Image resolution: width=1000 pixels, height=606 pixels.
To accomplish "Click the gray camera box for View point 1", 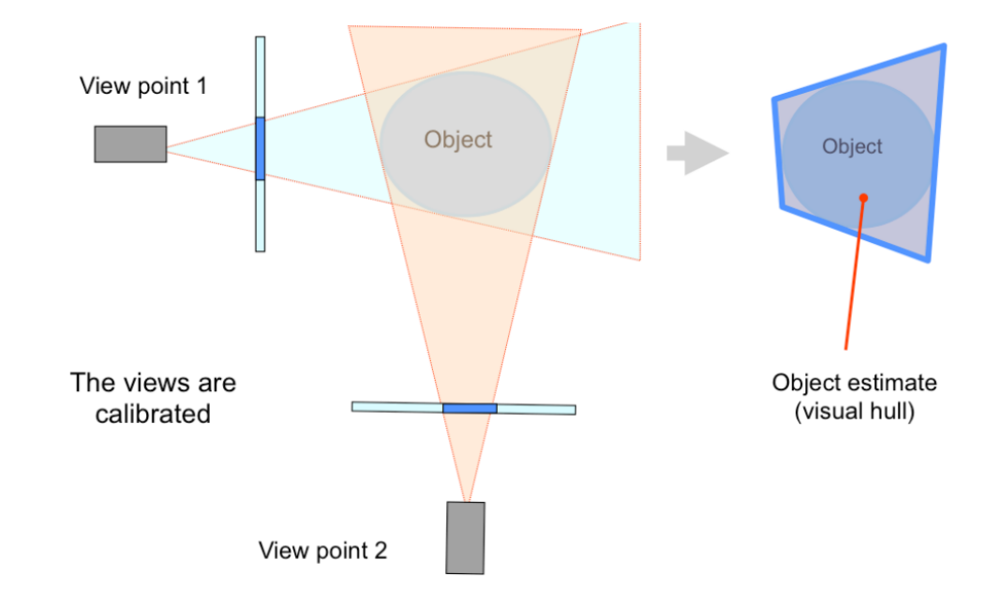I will tap(130, 144).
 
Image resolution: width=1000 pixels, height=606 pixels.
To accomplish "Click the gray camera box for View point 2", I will tap(465, 538).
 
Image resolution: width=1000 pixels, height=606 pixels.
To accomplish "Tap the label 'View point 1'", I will tap(143, 86).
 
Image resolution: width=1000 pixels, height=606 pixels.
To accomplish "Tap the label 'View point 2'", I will tap(322, 550).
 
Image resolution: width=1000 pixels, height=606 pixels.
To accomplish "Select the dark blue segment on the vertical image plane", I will tap(260, 148).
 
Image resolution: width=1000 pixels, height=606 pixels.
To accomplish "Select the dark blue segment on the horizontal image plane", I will tap(470, 408).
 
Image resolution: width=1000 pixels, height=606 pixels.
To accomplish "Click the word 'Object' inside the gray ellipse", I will tap(457, 140).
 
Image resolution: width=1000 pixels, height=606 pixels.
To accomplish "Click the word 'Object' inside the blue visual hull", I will tap(852, 146).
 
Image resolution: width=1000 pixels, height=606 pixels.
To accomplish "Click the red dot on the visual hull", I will tap(863, 197).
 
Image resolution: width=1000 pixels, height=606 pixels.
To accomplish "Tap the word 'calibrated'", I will tap(153, 414).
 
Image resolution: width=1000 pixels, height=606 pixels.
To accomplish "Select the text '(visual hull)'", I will tap(853, 412).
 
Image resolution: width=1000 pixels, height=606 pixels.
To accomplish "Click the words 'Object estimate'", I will tap(854, 383).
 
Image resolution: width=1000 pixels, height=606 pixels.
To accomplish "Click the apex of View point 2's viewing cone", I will tap(466, 500).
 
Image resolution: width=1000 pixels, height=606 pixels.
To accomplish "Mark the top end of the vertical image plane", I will tap(260, 39).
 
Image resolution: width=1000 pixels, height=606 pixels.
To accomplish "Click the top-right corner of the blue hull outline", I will tap(943, 46).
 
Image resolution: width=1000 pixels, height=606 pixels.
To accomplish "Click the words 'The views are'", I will tap(153, 383).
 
